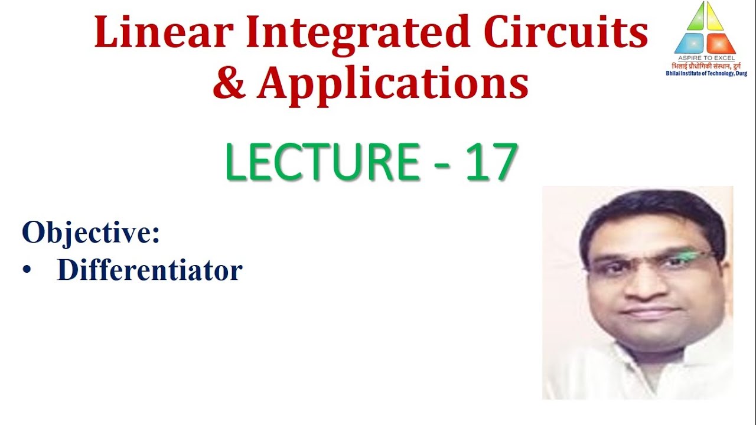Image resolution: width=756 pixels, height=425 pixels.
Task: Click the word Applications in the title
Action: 392,84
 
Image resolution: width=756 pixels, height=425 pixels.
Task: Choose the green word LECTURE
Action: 321,162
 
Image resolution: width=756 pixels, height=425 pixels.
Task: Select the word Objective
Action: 91,234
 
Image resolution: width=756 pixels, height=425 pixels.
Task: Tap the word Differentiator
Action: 149,270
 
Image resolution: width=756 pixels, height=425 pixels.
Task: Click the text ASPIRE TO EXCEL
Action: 705,58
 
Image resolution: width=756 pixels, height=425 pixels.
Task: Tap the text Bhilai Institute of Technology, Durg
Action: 705,73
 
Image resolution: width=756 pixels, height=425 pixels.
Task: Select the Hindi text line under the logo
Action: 705,66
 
